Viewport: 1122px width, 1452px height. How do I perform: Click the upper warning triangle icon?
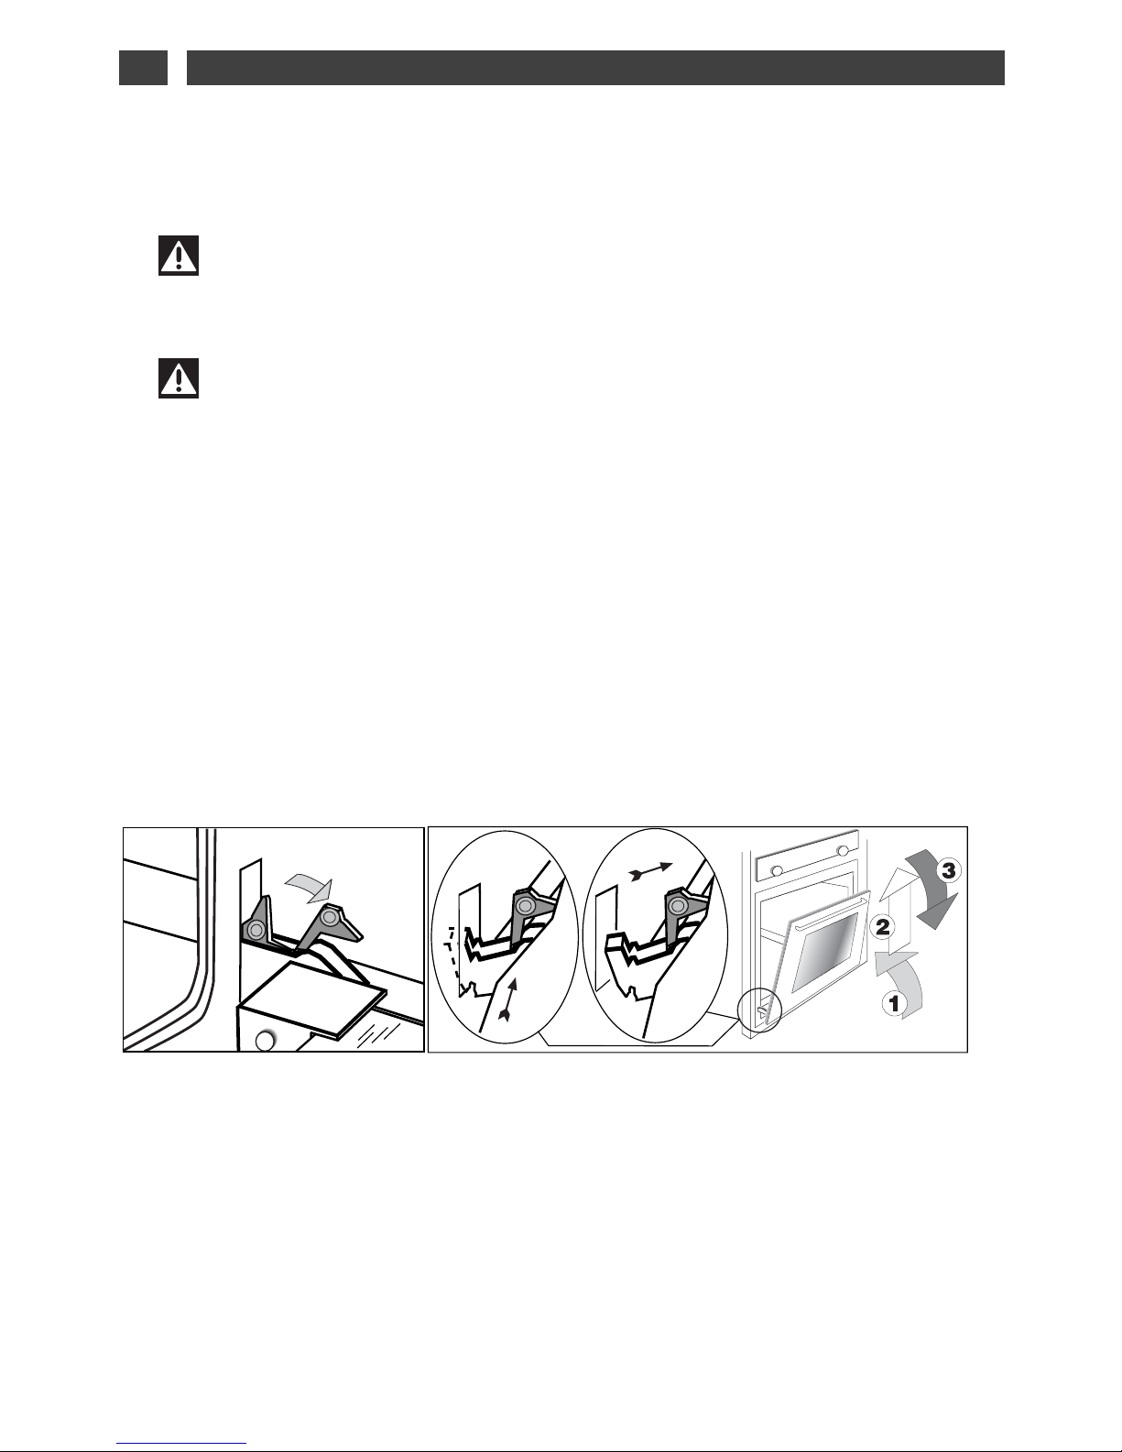[x=179, y=256]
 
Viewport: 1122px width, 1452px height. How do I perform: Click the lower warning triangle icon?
[x=179, y=378]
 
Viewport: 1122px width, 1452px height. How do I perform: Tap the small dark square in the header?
[x=143, y=68]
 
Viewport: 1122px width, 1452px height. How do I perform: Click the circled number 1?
[x=894, y=1003]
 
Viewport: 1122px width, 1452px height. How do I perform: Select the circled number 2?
[x=882, y=926]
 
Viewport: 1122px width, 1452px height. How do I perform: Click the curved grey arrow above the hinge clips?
[x=310, y=888]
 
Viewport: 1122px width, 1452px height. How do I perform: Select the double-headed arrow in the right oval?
[x=650, y=870]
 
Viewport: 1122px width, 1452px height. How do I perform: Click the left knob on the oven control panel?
[x=776, y=869]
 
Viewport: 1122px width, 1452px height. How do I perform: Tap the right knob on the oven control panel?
[x=843, y=851]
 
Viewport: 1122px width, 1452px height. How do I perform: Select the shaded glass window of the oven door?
[x=825, y=951]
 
